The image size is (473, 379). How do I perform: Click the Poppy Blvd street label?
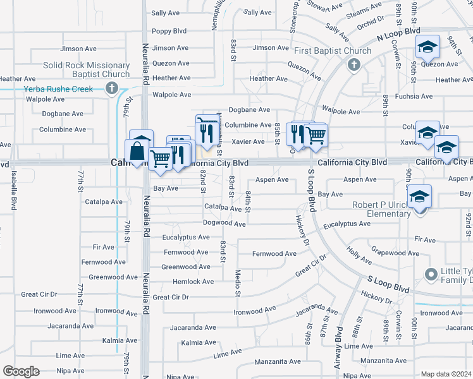pos(169,31)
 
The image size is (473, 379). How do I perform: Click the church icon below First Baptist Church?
pos(354,64)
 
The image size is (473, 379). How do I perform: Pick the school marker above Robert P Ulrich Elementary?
pos(419,196)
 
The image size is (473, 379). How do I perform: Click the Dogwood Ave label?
pos(224,224)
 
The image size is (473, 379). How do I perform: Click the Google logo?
pos(21,371)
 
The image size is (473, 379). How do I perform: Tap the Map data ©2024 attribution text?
pos(446,374)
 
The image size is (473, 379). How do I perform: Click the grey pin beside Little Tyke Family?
pos(431,275)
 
